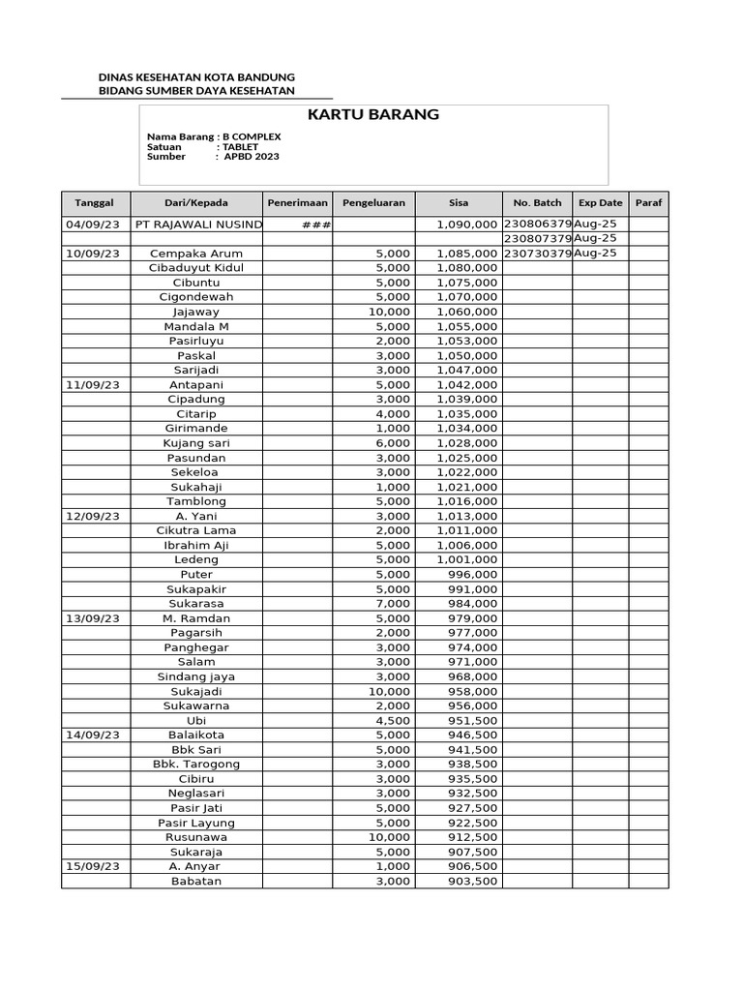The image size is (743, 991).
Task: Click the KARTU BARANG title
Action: pos(373,114)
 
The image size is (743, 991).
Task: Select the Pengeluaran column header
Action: pos(373,203)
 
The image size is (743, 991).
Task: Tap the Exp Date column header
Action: pos(600,203)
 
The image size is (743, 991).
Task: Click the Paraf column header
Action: pos(648,203)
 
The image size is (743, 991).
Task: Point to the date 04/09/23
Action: pos(93,225)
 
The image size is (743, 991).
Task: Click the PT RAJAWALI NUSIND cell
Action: pos(198,225)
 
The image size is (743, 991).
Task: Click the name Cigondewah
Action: pos(196,297)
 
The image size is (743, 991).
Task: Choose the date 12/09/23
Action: pos(93,516)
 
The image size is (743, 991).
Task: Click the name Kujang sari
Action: pos(196,443)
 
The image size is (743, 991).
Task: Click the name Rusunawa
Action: pos(196,837)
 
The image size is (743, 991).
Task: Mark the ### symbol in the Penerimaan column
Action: pos(317,225)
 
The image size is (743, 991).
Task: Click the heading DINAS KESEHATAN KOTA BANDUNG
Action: pos(197,77)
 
